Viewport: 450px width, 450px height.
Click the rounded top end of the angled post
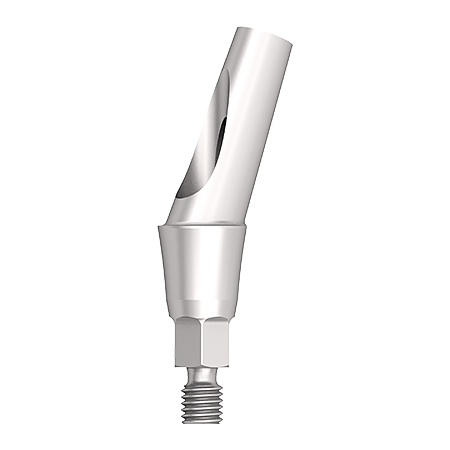pos(264,35)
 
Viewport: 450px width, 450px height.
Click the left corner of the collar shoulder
pos(158,228)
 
